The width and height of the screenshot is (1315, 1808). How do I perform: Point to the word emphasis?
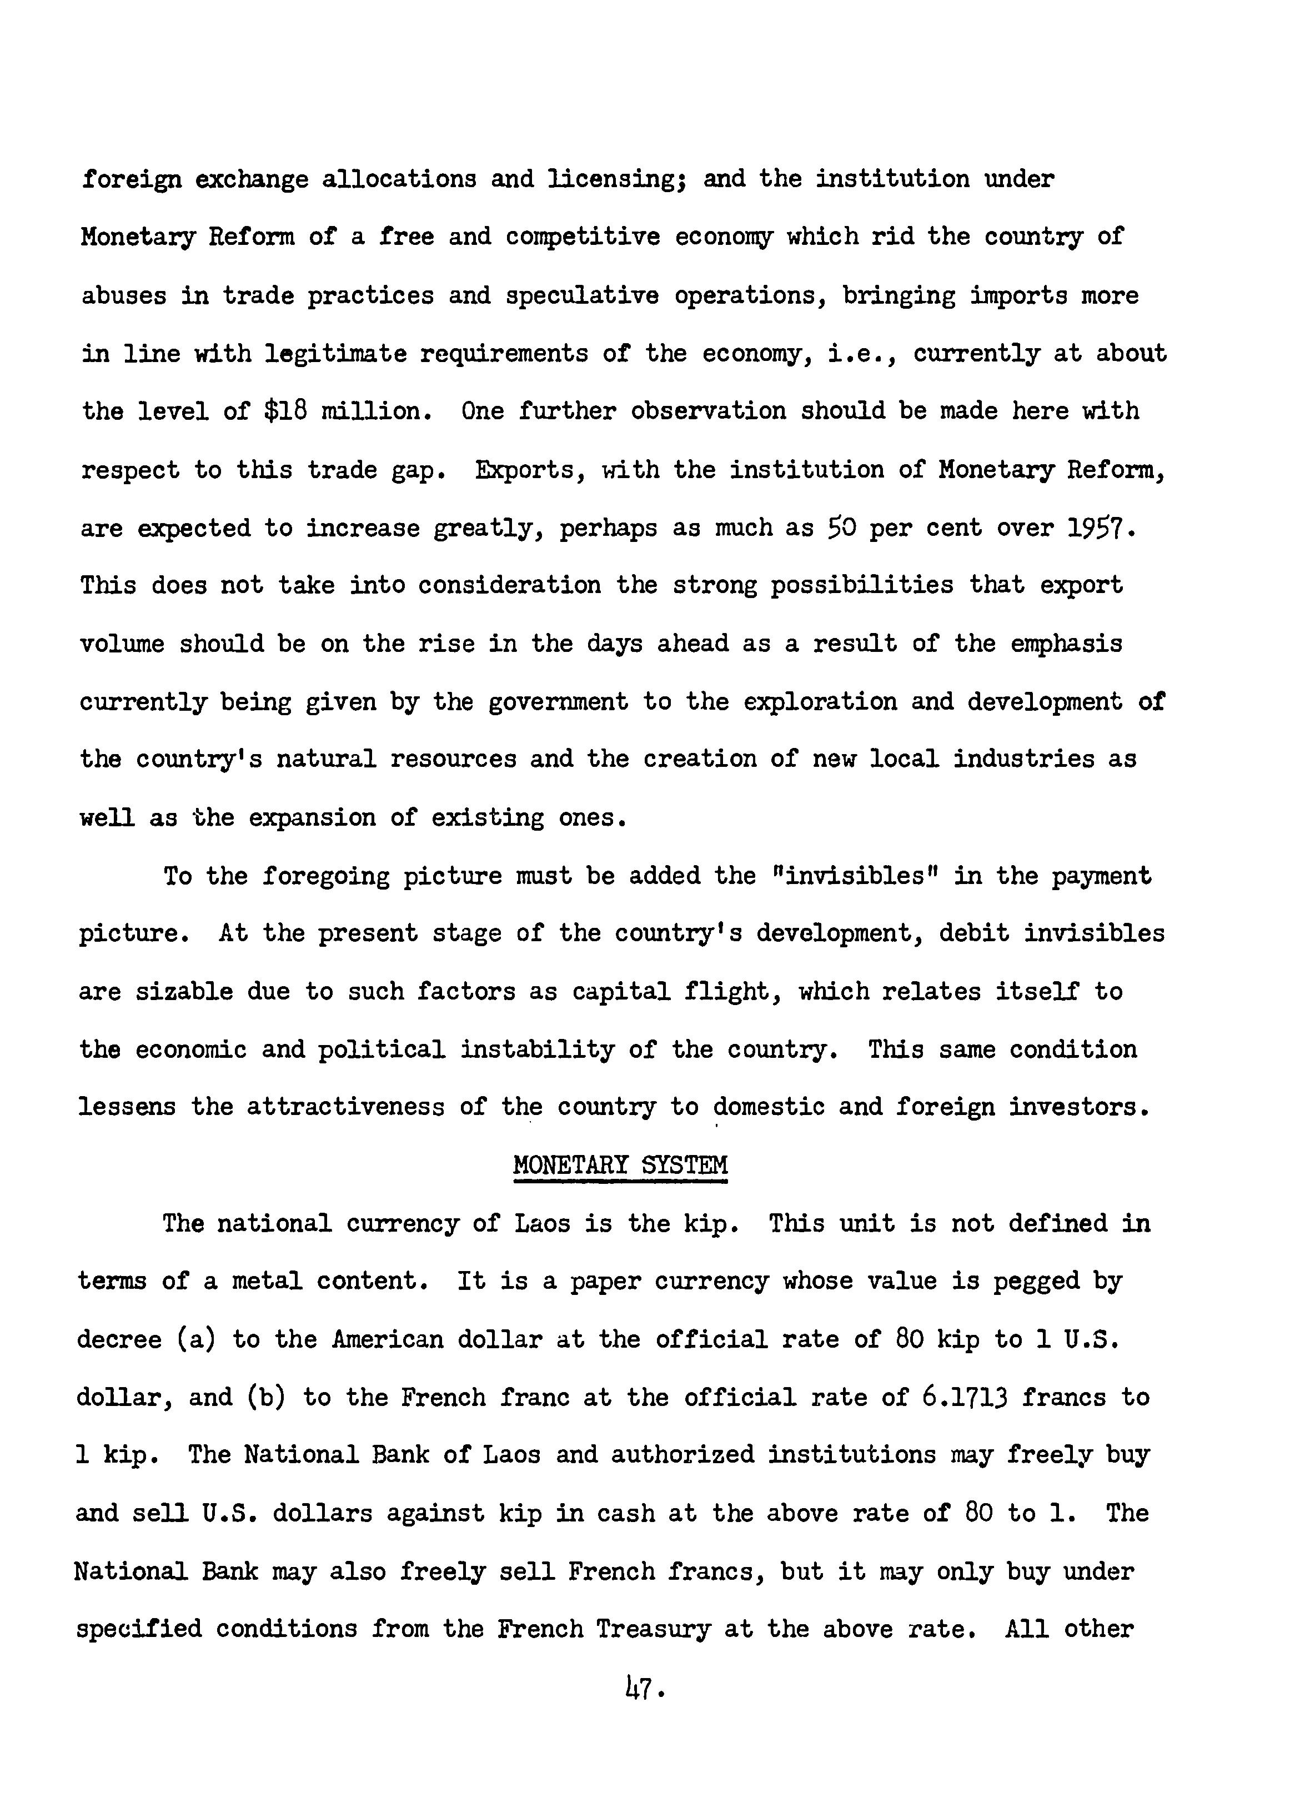pos(1066,644)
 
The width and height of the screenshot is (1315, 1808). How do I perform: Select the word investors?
pos(1078,1107)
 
